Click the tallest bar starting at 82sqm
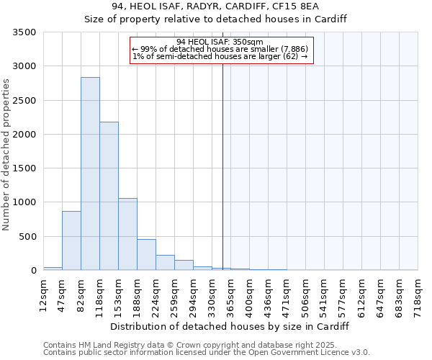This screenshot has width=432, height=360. pyautogui.click(x=90, y=174)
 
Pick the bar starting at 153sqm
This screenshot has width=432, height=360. pyautogui.click(x=127, y=234)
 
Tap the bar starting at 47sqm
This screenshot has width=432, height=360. pyautogui.click(x=71, y=240)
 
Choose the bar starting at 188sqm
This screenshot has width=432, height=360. pyautogui.click(x=146, y=255)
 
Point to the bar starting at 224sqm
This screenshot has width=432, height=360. pyautogui.click(x=165, y=263)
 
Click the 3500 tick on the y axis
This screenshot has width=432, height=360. pyautogui.click(x=24, y=32)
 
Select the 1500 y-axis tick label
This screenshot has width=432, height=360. pyautogui.click(x=24, y=168)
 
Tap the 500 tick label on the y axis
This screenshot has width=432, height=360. pyautogui.click(x=27, y=236)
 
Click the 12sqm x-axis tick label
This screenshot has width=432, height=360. pyautogui.click(x=43, y=294)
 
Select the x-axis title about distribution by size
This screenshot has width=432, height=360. pyautogui.click(x=230, y=326)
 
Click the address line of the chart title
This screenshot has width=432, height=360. pyautogui.click(x=216, y=6)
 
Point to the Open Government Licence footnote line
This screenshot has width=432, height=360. pyautogui.click(x=207, y=353)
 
